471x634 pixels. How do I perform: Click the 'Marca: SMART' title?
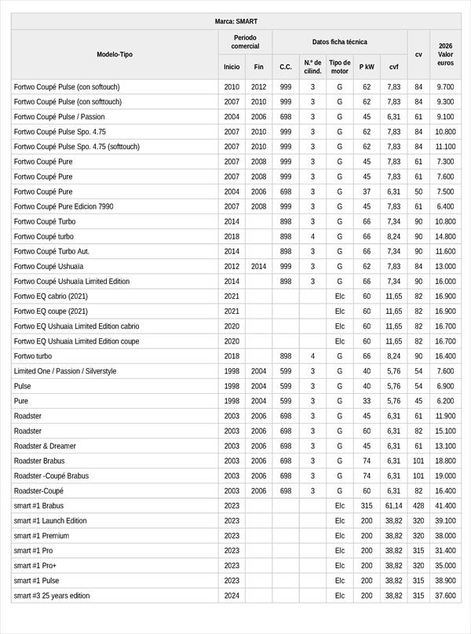(x=235, y=21)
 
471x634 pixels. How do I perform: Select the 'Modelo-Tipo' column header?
(x=115, y=54)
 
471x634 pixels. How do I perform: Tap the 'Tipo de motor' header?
(x=340, y=67)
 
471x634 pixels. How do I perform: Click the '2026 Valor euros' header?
(x=445, y=54)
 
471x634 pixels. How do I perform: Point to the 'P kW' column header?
(x=367, y=67)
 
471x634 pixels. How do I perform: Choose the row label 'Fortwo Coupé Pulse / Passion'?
(x=59, y=117)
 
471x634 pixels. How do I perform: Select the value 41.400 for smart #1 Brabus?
(x=445, y=506)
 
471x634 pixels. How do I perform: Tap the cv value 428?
(x=418, y=506)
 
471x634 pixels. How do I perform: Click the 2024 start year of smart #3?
(x=232, y=596)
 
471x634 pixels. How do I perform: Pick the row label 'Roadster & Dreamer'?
(x=45, y=446)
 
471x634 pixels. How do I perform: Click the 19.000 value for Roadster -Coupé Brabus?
(x=445, y=475)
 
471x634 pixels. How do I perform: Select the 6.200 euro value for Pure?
(x=445, y=401)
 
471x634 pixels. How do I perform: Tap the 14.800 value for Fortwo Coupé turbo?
(x=445, y=236)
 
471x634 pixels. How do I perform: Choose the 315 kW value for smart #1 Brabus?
(x=367, y=506)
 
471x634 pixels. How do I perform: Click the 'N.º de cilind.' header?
(x=312, y=67)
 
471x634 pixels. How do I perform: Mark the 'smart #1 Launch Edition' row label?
(x=50, y=521)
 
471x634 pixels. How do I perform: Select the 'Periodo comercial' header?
(x=245, y=42)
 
